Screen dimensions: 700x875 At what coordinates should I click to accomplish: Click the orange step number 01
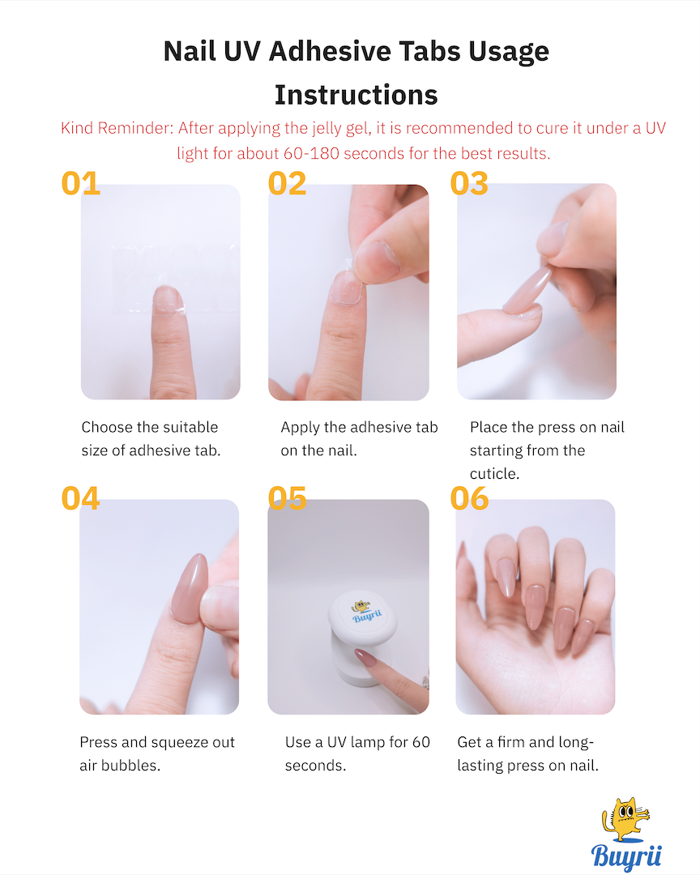coord(80,184)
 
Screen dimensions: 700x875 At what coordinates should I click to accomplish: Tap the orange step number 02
coord(287,184)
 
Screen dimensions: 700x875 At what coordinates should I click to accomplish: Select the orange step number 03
coord(469,184)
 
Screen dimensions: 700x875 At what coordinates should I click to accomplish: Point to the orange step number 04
coord(80,498)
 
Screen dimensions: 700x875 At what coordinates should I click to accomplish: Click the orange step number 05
coord(287,498)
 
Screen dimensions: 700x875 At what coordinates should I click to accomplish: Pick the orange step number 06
coord(469,498)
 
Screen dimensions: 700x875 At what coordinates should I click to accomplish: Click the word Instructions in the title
coord(356,95)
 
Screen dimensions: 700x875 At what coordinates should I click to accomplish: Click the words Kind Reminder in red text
coord(117,128)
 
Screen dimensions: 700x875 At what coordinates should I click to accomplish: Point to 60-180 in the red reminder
coord(311,153)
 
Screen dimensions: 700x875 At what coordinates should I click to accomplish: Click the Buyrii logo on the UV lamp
coord(366,612)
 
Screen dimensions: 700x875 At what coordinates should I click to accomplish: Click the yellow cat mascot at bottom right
coord(625,819)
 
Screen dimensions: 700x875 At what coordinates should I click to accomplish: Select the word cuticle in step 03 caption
coord(494,474)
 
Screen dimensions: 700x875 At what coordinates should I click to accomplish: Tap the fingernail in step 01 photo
coord(168,299)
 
